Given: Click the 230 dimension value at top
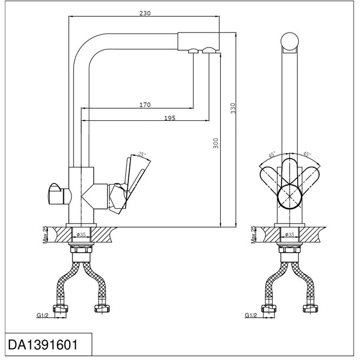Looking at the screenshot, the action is click(x=144, y=13).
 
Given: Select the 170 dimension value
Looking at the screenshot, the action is click(x=145, y=104).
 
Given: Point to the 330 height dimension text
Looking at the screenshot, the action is click(x=233, y=109).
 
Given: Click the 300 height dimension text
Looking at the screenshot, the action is click(x=215, y=143).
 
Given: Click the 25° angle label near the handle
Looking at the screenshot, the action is click(x=142, y=154).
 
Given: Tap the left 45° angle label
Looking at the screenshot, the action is click(x=273, y=154).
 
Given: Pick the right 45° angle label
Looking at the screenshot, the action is click(x=307, y=154).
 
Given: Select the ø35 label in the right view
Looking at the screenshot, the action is click(x=290, y=234).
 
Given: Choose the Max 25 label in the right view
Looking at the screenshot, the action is click(x=253, y=235).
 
